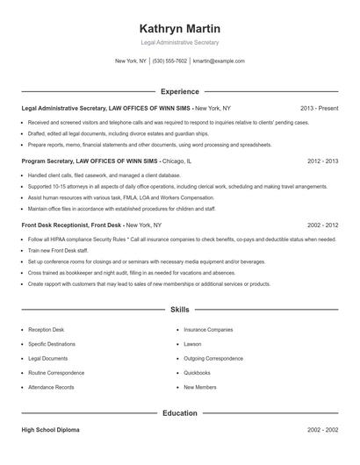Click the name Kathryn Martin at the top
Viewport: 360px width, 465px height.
point(179,28)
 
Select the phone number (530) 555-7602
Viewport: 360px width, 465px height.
point(169,61)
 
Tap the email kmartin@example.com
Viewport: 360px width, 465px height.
point(219,61)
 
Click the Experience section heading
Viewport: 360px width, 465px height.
point(179,91)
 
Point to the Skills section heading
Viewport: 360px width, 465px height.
point(179,310)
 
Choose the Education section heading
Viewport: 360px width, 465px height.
point(179,412)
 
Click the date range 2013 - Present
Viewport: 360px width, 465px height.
point(319,108)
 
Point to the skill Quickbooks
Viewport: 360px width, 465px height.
point(197,372)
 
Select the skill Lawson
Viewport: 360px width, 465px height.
point(192,344)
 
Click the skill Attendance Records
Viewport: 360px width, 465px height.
point(51,386)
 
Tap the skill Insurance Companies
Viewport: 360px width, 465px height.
point(208,330)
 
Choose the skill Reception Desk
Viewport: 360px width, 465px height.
point(46,330)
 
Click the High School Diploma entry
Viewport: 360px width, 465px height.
point(50,430)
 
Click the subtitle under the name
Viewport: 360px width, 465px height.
point(179,42)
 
